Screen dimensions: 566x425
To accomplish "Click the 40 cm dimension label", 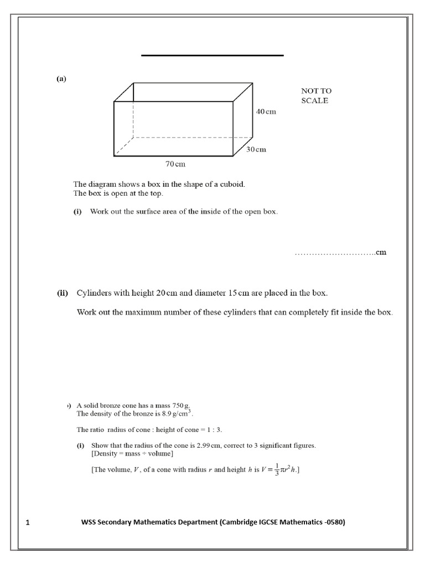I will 266,111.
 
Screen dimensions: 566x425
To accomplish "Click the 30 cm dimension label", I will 256,149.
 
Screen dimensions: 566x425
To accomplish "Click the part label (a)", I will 61,78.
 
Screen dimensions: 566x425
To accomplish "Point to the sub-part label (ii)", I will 62,293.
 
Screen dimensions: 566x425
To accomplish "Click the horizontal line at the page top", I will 212,55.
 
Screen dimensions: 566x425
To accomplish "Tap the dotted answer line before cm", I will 334,253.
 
